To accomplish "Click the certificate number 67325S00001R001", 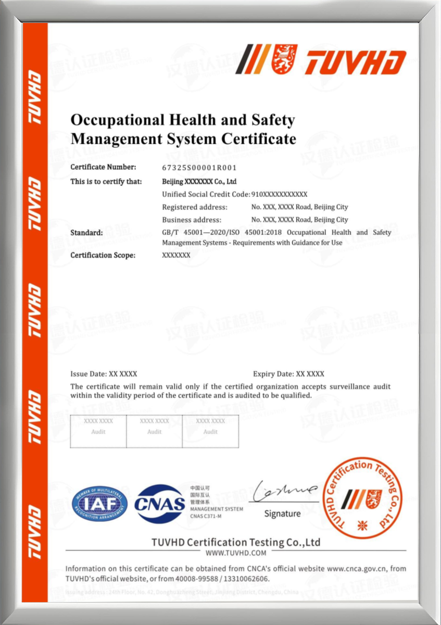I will point(199,168).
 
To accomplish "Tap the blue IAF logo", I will point(99,503).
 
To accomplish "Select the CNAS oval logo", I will point(160,504).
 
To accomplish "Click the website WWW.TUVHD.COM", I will point(236,553).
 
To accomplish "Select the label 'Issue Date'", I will point(88,374).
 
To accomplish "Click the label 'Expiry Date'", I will point(273,374).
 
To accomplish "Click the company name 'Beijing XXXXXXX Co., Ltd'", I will point(199,181).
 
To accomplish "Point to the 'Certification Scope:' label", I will point(103,255).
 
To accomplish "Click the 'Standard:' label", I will point(86,232).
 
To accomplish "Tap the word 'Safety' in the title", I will point(274,120).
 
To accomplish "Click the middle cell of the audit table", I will point(154,431).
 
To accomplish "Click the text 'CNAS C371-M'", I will point(206,516).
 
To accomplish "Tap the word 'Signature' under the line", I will point(282,514).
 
